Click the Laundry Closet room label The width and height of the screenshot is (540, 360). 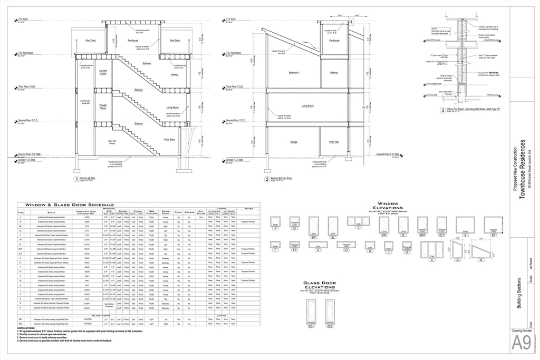[103, 72]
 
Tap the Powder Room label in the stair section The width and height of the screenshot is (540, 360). [103, 106]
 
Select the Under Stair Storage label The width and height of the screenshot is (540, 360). [112, 142]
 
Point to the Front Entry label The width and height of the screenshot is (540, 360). [169, 140]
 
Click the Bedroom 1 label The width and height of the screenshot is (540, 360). [294, 72]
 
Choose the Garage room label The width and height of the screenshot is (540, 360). [294, 142]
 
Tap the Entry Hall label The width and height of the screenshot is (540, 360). [334, 142]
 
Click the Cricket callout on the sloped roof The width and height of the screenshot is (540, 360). [305, 43]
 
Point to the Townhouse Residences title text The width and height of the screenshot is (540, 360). [523, 169]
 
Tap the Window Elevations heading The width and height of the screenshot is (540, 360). [391, 206]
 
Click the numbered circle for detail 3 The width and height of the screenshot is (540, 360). [442, 111]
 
